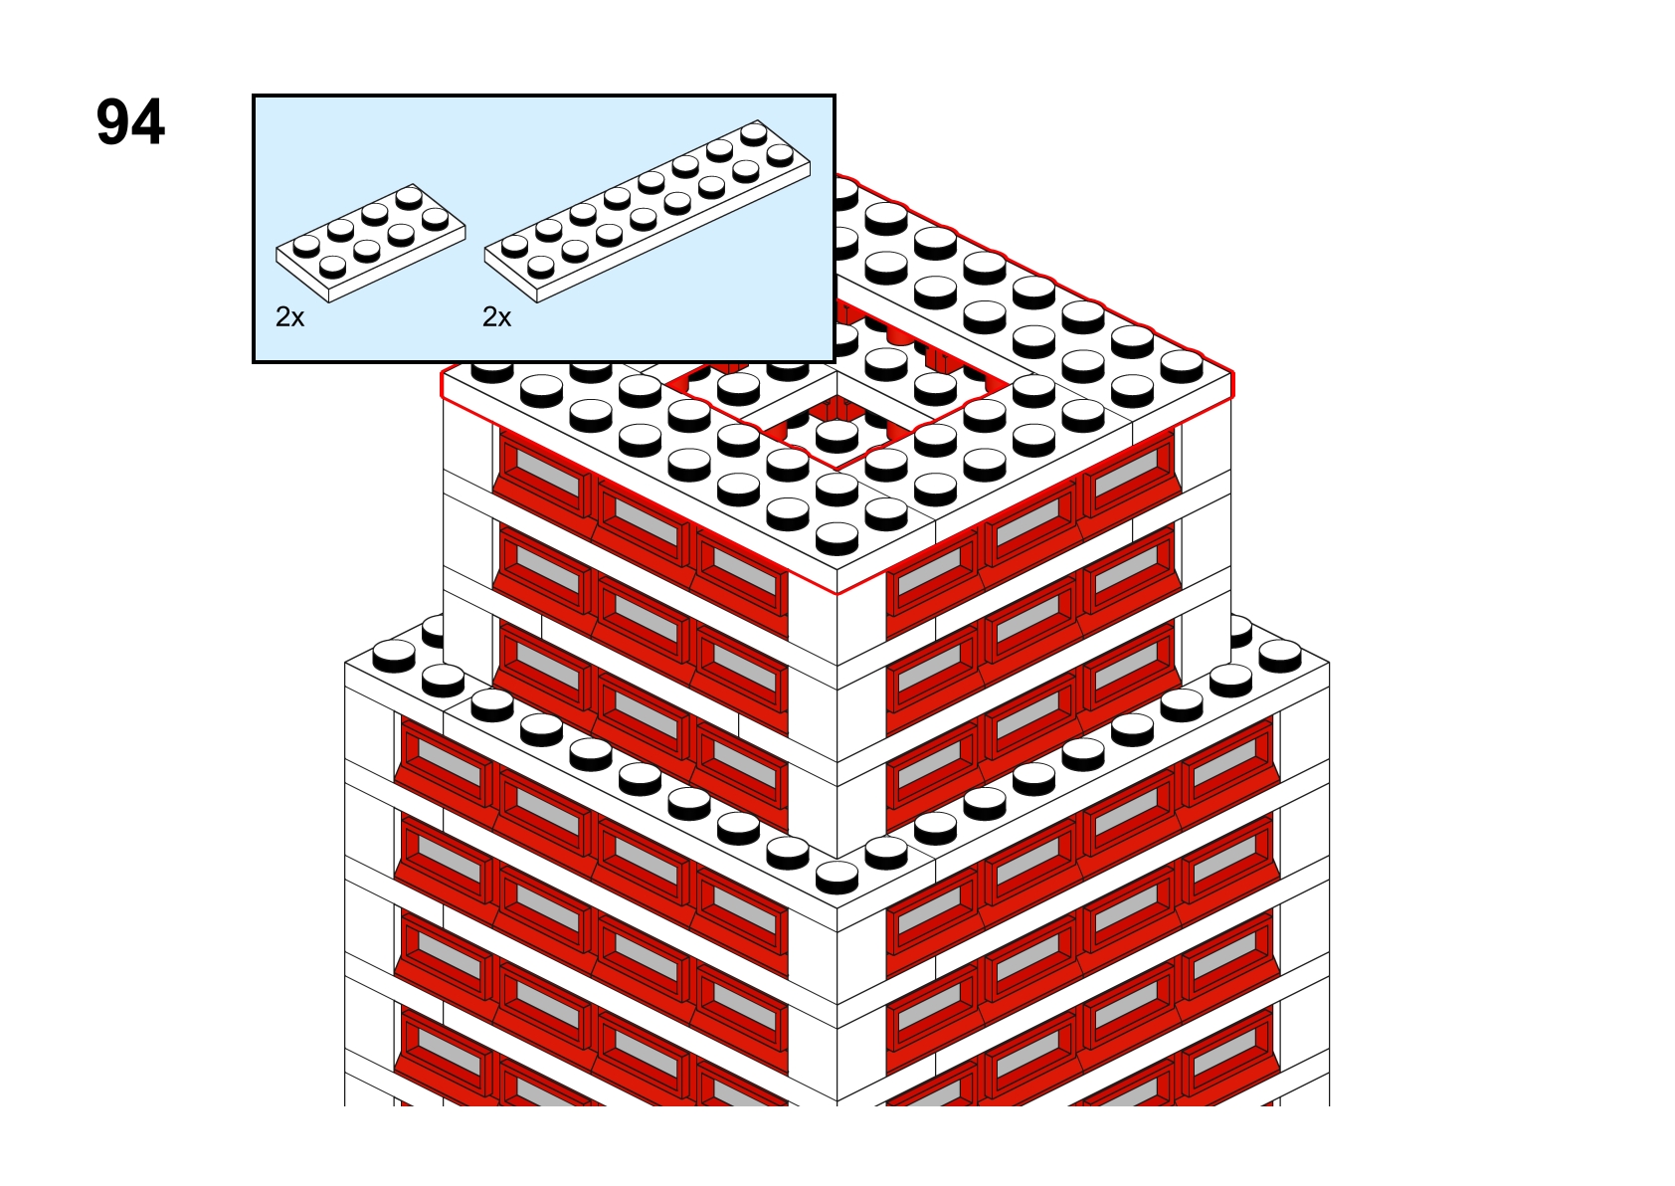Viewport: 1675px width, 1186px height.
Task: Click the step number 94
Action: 130,122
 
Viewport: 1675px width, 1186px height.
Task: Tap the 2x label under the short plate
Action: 289,317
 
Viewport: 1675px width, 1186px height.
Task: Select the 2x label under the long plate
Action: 496,317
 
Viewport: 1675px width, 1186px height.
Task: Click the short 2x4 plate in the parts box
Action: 371,243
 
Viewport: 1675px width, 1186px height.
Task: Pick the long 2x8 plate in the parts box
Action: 648,211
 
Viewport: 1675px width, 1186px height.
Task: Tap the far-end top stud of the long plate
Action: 754,134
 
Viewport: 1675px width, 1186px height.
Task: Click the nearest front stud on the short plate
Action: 332,267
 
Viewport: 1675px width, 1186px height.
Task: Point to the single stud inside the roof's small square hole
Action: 837,436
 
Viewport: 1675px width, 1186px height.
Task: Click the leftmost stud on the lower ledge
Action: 394,656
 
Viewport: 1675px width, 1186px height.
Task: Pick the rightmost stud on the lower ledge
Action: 1279,656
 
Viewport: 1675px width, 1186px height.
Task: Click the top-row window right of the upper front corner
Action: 932,570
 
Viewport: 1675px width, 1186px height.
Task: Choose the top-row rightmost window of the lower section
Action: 1226,760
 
